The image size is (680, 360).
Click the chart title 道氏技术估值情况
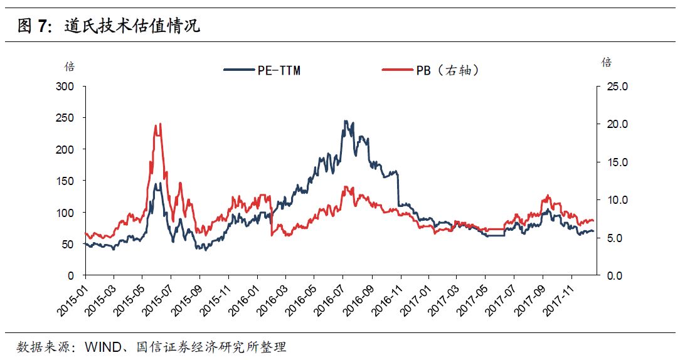click(x=132, y=26)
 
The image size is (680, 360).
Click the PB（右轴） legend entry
click(x=432, y=70)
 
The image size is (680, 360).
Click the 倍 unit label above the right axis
click(x=606, y=62)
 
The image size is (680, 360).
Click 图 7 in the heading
click(x=35, y=26)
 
